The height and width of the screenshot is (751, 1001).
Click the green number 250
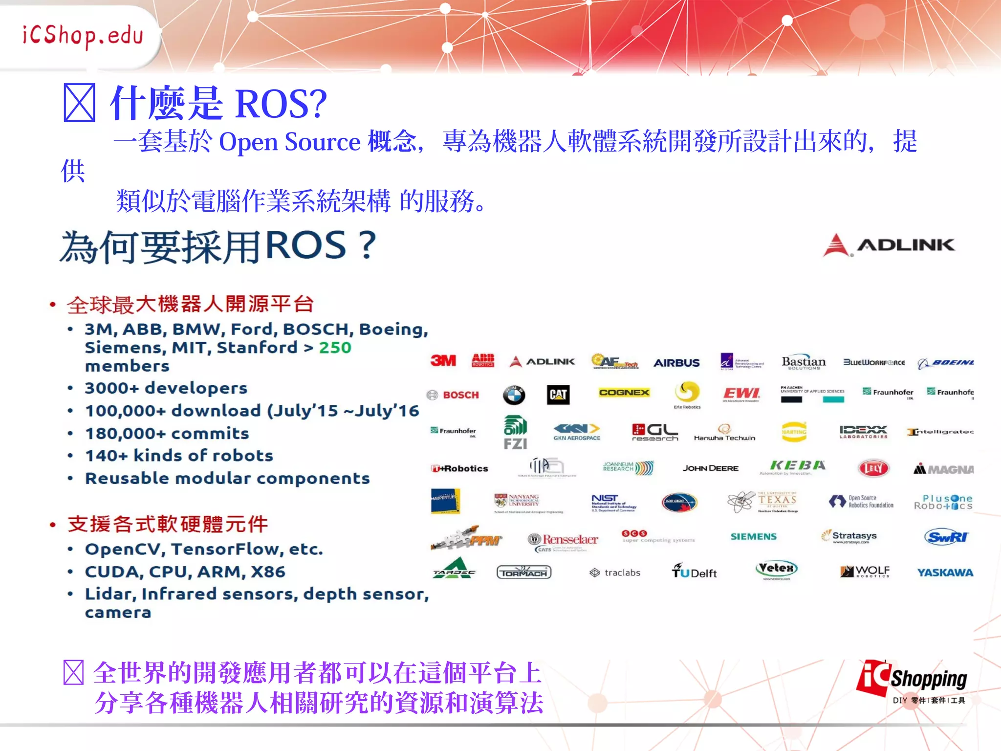point(335,348)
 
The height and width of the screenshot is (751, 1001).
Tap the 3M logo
point(443,361)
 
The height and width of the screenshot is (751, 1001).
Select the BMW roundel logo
point(514,395)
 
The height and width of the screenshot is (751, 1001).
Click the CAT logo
point(558,395)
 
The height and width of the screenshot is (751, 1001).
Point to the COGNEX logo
point(624,393)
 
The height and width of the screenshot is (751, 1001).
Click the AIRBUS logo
point(676,363)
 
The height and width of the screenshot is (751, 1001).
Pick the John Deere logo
point(710,468)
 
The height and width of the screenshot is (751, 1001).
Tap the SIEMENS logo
point(753,536)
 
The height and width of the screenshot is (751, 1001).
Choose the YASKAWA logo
point(945,573)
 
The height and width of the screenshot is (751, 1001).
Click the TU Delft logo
point(694,572)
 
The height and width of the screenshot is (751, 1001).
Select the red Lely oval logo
point(873,468)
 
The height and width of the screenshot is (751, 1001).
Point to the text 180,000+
point(126,434)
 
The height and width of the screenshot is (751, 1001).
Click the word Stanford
point(257,348)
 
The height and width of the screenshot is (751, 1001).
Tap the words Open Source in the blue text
point(289,142)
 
